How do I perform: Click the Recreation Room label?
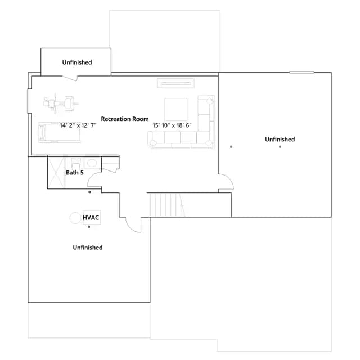tap(125, 119)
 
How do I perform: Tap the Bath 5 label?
tap(75, 173)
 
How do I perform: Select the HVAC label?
tap(91, 218)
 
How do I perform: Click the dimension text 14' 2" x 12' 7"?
tap(78, 125)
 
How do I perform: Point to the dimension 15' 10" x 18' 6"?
tap(172, 125)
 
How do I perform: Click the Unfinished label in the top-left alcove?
tap(77, 62)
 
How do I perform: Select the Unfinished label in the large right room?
tap(280, 139)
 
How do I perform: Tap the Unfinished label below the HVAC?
tap(88, 247)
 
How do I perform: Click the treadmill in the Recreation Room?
tap(60, 133)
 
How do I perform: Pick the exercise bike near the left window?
tap(61, 103)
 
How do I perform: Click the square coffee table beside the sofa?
tap(176, 109)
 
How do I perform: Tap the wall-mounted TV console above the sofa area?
tap(176, 83)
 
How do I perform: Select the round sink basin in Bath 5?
tap(92, 163)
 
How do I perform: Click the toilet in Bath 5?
tap(75, 163)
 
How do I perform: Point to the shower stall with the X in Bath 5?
tap(56, 172)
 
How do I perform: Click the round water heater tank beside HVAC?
tap(75, 218)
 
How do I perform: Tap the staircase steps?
tap(167, 205)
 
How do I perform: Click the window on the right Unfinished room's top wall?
tap(301, 73)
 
